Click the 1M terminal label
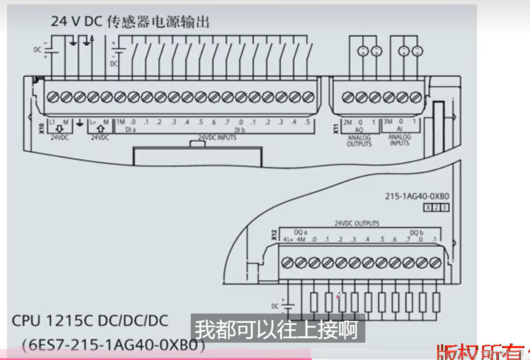(120, 122)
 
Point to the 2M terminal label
(348, 122)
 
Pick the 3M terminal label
(388, 122)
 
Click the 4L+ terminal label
(288, 240)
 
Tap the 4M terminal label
(301, 240)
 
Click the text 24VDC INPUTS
(217, 137)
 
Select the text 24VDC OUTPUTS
(357, 224)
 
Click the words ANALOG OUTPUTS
(359, 141)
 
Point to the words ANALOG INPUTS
(399, 140)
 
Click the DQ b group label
(416, 232)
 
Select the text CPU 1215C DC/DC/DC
(90, 321)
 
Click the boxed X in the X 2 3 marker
(428, 208)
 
